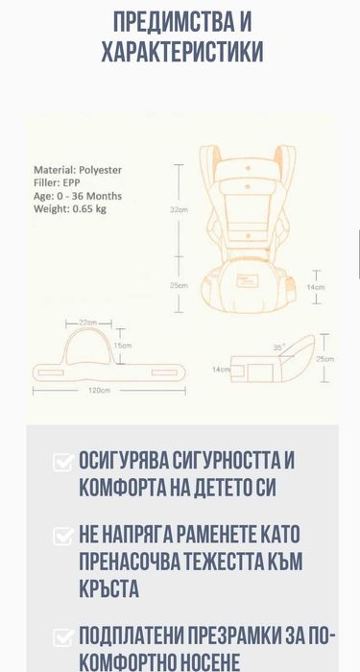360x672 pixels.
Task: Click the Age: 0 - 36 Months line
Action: point(78,196)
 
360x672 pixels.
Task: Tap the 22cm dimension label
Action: point(88,323)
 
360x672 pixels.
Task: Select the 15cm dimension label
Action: point(122,346)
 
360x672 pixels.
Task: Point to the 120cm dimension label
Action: point(99,390)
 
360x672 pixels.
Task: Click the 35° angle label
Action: point(279,348)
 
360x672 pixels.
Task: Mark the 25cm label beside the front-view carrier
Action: point(180,285)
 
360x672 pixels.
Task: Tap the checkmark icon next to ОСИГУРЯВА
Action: point(63,463)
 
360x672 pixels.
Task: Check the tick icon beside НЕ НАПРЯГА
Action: point(63,536)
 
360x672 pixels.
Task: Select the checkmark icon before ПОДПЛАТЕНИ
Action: point(63,636)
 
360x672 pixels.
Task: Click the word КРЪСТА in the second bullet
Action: point(108,588)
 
